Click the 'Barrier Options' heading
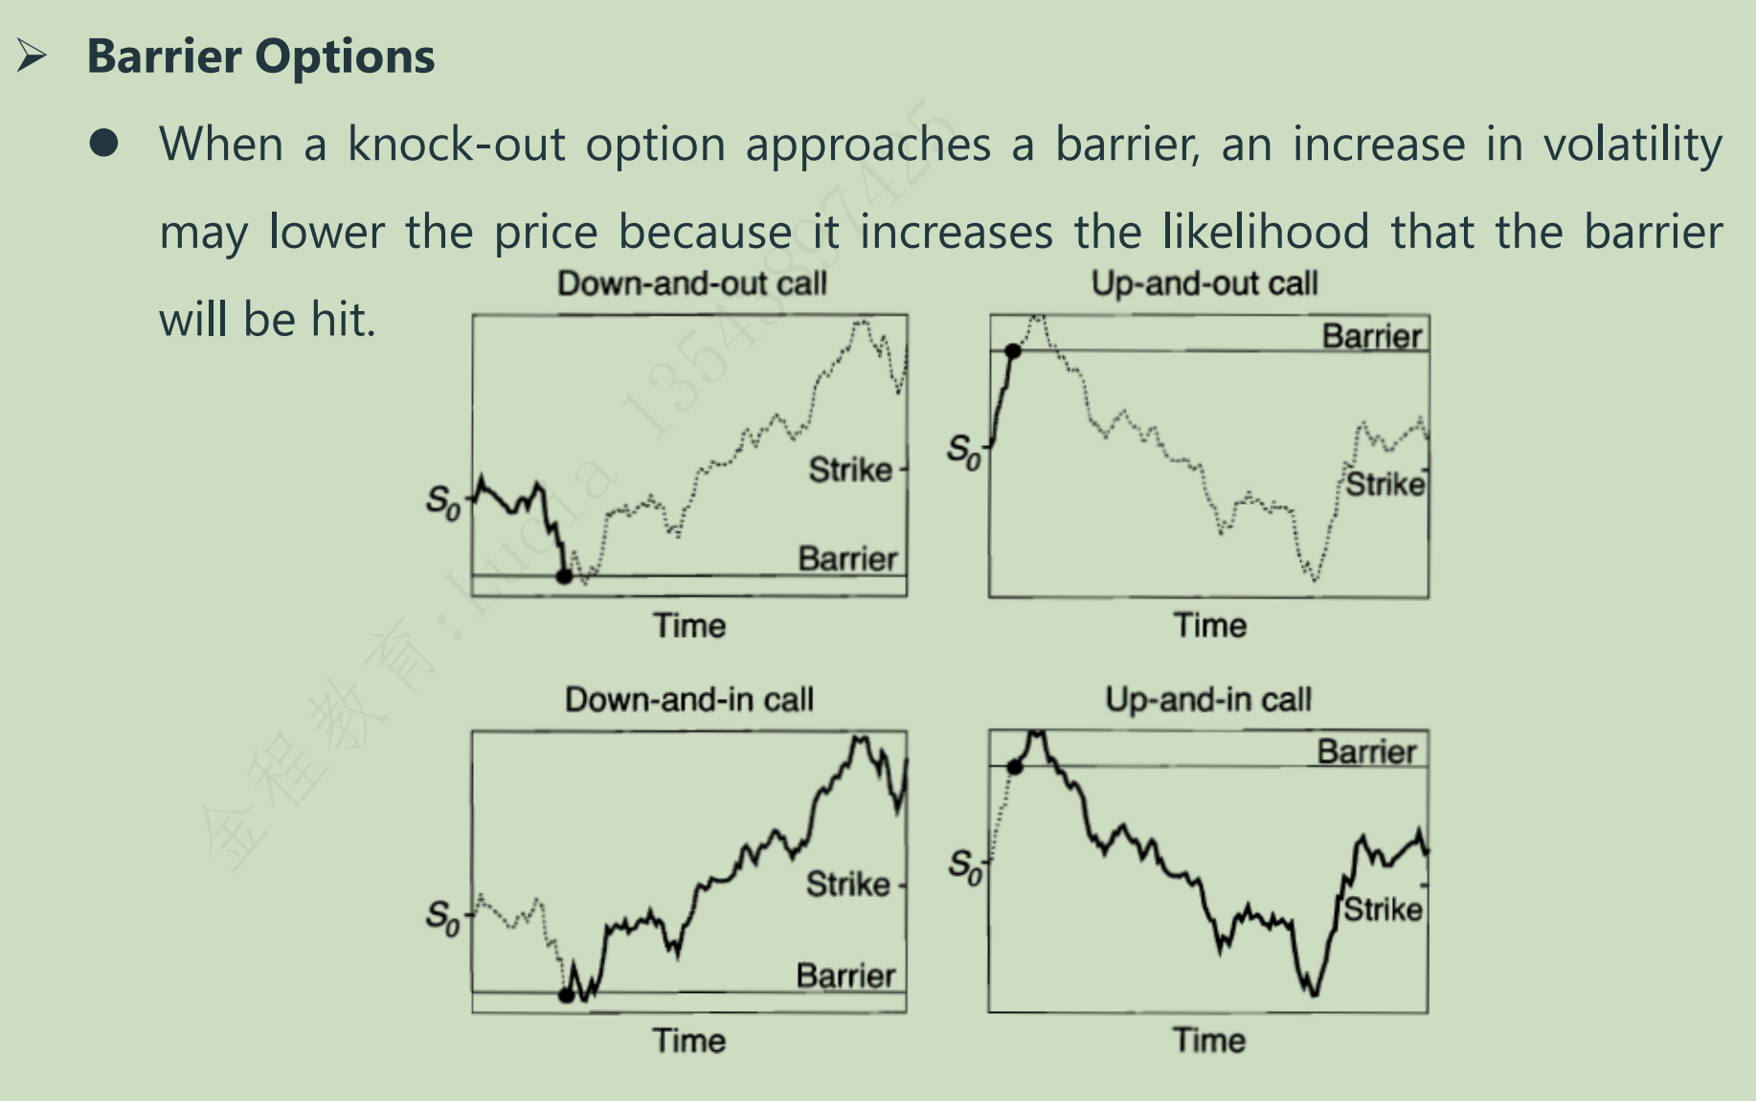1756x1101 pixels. [x=260, y=56]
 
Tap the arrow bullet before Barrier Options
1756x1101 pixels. [x=32, y=56]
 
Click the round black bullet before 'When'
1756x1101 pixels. [x=103, y=144]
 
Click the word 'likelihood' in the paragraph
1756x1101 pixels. [x=1265, y=232]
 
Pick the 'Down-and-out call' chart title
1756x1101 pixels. [x=691, y=283]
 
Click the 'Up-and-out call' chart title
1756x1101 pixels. [x=1204, y=283]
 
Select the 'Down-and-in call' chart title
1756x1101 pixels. [x=688, y=699]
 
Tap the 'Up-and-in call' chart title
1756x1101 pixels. [x=1207, y=699]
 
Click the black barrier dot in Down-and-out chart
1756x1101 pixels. [x=564, y=576]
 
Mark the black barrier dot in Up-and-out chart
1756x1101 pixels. [x=1013, y=351]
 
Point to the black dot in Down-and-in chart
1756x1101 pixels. [x=566, y=996]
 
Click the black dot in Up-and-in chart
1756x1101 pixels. [x=1015, y=767]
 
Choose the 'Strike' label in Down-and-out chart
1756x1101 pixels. [x=850, y=470]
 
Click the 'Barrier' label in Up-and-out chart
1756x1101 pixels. [x=1371, y=337]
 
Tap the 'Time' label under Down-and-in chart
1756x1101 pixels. [x=688, y=1041]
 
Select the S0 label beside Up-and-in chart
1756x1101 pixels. [x=965, y=865]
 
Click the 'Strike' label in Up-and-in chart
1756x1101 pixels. [x=1383, y=909]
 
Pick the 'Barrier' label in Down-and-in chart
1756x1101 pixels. [x=845, y=976]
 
